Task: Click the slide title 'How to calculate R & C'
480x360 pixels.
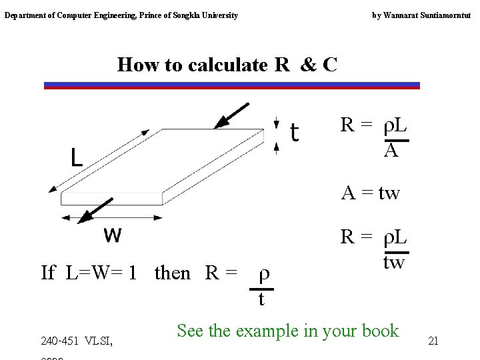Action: pos(227,65)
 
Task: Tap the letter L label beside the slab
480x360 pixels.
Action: pos(77,158)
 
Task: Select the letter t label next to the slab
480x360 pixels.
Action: pos(295,132)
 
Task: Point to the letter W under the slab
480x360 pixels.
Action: pos(113,235)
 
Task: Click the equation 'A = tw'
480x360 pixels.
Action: pos(370,193)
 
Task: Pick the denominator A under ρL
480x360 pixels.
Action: pos(391,151)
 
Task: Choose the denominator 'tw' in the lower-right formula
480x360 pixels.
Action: pos(393,262)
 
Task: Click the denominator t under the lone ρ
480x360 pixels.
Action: pos(261,299)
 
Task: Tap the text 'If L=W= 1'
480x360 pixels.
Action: pos(89,273)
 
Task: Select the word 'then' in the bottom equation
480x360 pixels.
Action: pos(172,273)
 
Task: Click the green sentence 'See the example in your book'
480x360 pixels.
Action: pos(287,331)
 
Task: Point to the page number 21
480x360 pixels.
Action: pos(433,341)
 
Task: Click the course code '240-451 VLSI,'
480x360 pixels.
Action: pos(76,342)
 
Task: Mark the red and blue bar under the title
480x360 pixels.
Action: pos(232,85)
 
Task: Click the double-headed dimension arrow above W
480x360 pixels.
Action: pos(111,217)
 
